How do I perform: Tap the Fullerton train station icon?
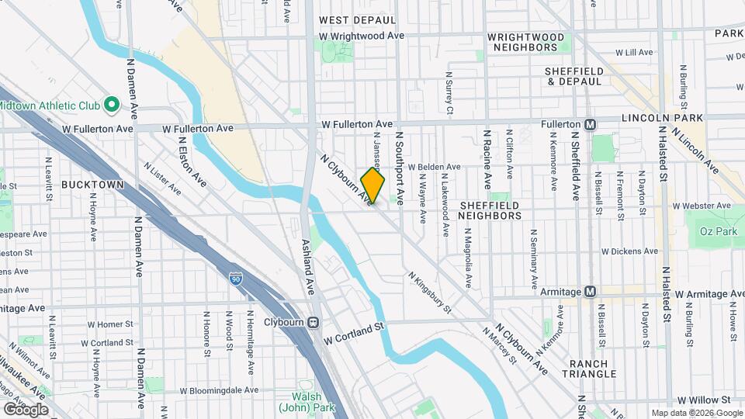coord(591,124)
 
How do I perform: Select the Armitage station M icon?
coord(591,292)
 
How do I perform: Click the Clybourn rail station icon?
coord(314,323)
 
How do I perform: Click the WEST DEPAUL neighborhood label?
coord(357,19)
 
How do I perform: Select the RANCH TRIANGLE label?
coord(592,369)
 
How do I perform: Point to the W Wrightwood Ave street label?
coord(362,36)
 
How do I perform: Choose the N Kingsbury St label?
coord(430,293)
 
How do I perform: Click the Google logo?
coord(26,409)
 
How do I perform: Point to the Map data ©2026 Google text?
coord(696,413)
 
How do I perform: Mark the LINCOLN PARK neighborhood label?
coord(662,118)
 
